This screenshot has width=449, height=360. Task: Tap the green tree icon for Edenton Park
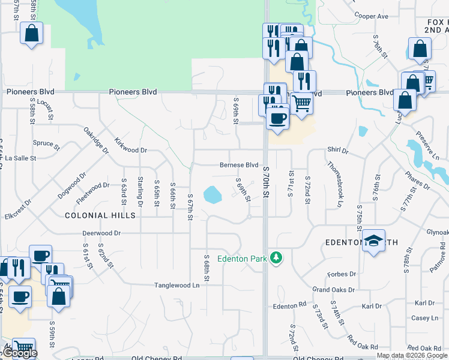276,257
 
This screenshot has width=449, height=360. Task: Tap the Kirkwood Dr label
130,146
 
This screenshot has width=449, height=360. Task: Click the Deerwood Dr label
101,233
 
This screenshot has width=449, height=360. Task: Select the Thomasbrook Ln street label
335,183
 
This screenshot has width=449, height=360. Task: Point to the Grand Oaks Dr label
334,290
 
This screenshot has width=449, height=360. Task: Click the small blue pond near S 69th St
212,194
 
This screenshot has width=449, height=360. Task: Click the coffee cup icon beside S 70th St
277,118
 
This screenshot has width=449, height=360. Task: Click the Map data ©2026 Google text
412,355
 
